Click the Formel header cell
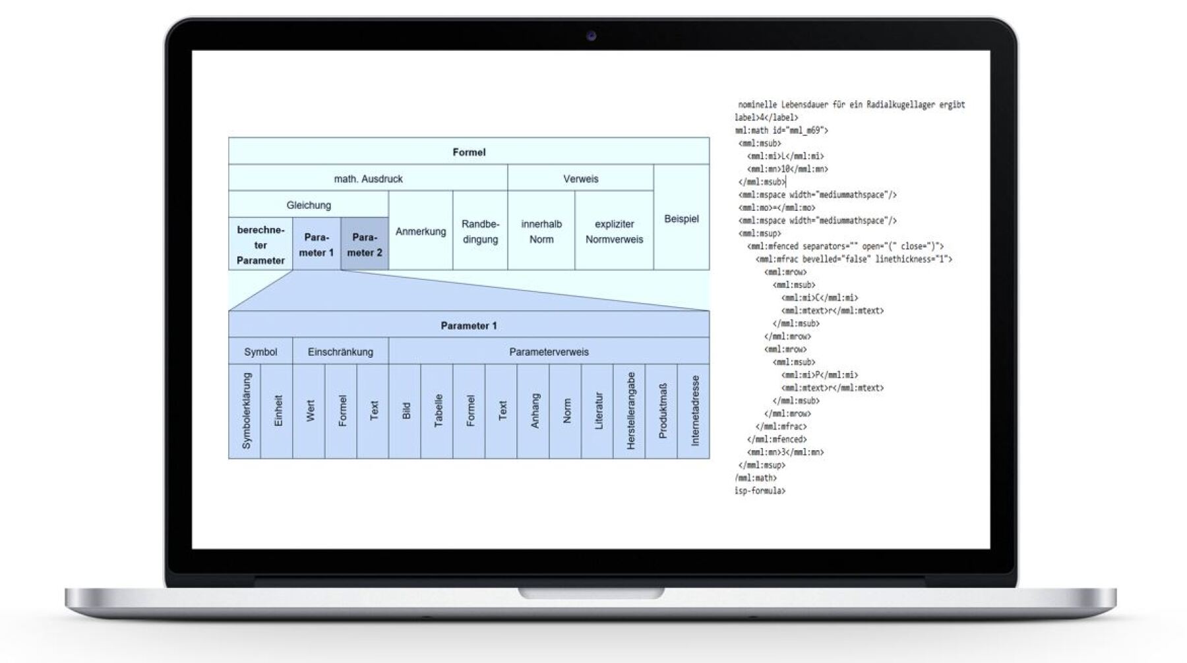[469, 152]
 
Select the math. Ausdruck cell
[368, 179]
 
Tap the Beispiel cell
[681, 219]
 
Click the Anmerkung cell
[421, 231]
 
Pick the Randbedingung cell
[480, 231]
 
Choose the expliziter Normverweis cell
[614, 231]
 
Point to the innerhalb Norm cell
[541, 231]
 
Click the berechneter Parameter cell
[260, 245]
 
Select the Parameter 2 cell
[365, 245]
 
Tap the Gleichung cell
[309, 205]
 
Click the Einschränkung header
[340, 352]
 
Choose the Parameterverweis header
[549, 352]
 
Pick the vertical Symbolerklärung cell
[246, 411]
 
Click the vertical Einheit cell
[278, 411]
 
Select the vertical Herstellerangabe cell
[630, 411]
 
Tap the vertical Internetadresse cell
[694, 411]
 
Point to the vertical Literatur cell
[598, 411]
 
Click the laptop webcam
[591, 36]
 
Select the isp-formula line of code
[760, 491]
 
